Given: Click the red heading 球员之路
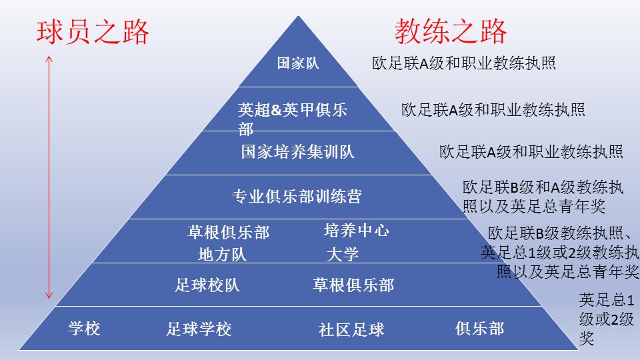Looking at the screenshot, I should coord(92,32).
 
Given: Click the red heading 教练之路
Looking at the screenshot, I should coord(450,31).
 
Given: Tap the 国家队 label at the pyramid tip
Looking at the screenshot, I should coord(298,64).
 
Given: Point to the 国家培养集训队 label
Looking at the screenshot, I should coord(297,152).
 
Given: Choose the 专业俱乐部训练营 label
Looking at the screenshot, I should coord(297,197).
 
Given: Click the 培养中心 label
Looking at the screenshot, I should coord(356,231).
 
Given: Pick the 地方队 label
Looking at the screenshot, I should coord(222,254).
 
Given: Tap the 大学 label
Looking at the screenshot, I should coord(342,254).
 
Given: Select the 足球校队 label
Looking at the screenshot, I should coord(207,285).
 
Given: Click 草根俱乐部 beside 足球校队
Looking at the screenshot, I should coord(353,285).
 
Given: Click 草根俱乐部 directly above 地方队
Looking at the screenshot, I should coord(228,232).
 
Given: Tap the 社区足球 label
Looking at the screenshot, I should coord(351,329).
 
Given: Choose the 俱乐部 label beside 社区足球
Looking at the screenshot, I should coord(479,328).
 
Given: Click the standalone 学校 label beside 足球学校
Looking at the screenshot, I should coord(84,328).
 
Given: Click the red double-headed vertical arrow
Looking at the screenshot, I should coord(49,177).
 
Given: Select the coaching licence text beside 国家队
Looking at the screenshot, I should coord(464,63).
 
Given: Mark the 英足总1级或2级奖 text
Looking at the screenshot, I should coord(606,319).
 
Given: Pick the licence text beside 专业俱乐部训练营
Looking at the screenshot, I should coord(543,196).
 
